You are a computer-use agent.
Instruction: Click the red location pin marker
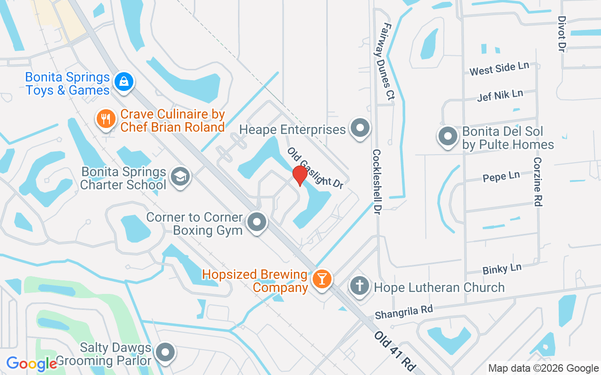pyautogui.click(x=300, y=176)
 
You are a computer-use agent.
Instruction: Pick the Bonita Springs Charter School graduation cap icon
pyautogui.click(x=179, y=177)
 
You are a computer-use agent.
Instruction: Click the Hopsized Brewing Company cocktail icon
pyautogui.click(x=322, y=279)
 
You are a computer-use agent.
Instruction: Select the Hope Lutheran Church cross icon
pyautogui.click(x=360, y=286)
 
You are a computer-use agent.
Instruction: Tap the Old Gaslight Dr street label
pyautogui.click(x=316, y=168)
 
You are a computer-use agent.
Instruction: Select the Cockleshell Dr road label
pyautogui.click(x=377, y=182)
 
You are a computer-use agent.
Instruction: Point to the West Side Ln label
pyautogui.click(x=499, y=68)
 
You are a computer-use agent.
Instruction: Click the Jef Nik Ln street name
pyautogui.click(x=500, y=95)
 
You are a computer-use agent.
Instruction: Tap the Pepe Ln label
pyautogui.click(x=501, y=177)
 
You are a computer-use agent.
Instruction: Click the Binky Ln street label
pyautogui.click(x=502, y=269)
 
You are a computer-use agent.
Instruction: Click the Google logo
pyautogui.click(x=31, y=363)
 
